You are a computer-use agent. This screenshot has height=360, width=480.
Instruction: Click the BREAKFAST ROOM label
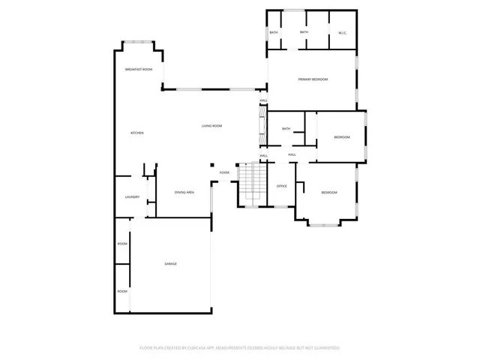point(139,69)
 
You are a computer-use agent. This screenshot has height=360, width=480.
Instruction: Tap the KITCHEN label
point(136,133)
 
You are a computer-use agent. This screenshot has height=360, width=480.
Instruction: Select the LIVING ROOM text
point(211,126)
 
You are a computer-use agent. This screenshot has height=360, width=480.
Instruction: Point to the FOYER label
point(224,172)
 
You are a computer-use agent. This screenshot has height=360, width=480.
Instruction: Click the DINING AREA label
point(184,193)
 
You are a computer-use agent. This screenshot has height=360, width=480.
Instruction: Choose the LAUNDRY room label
point(132,197)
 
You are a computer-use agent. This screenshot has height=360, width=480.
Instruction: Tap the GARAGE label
point(171,263)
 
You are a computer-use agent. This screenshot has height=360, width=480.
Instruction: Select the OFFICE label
point(282,186)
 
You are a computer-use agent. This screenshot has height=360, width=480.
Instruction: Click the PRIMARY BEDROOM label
point(313,79)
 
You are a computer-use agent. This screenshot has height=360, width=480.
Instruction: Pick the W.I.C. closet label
point(342,32)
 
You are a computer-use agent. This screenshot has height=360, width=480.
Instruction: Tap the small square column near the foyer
point(212,166)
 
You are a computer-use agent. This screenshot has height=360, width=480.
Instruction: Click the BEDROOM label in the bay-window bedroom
point(329,193)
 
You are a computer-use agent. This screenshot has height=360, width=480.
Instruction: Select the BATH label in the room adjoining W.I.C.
point(304,32)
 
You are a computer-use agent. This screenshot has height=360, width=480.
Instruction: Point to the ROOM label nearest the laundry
point(122,244)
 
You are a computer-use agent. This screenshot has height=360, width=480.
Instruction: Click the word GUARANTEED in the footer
point(325,348)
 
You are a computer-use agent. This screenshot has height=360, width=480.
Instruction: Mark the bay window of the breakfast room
point(139,42)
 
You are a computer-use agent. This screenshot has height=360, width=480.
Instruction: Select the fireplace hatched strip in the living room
point(262,124)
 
